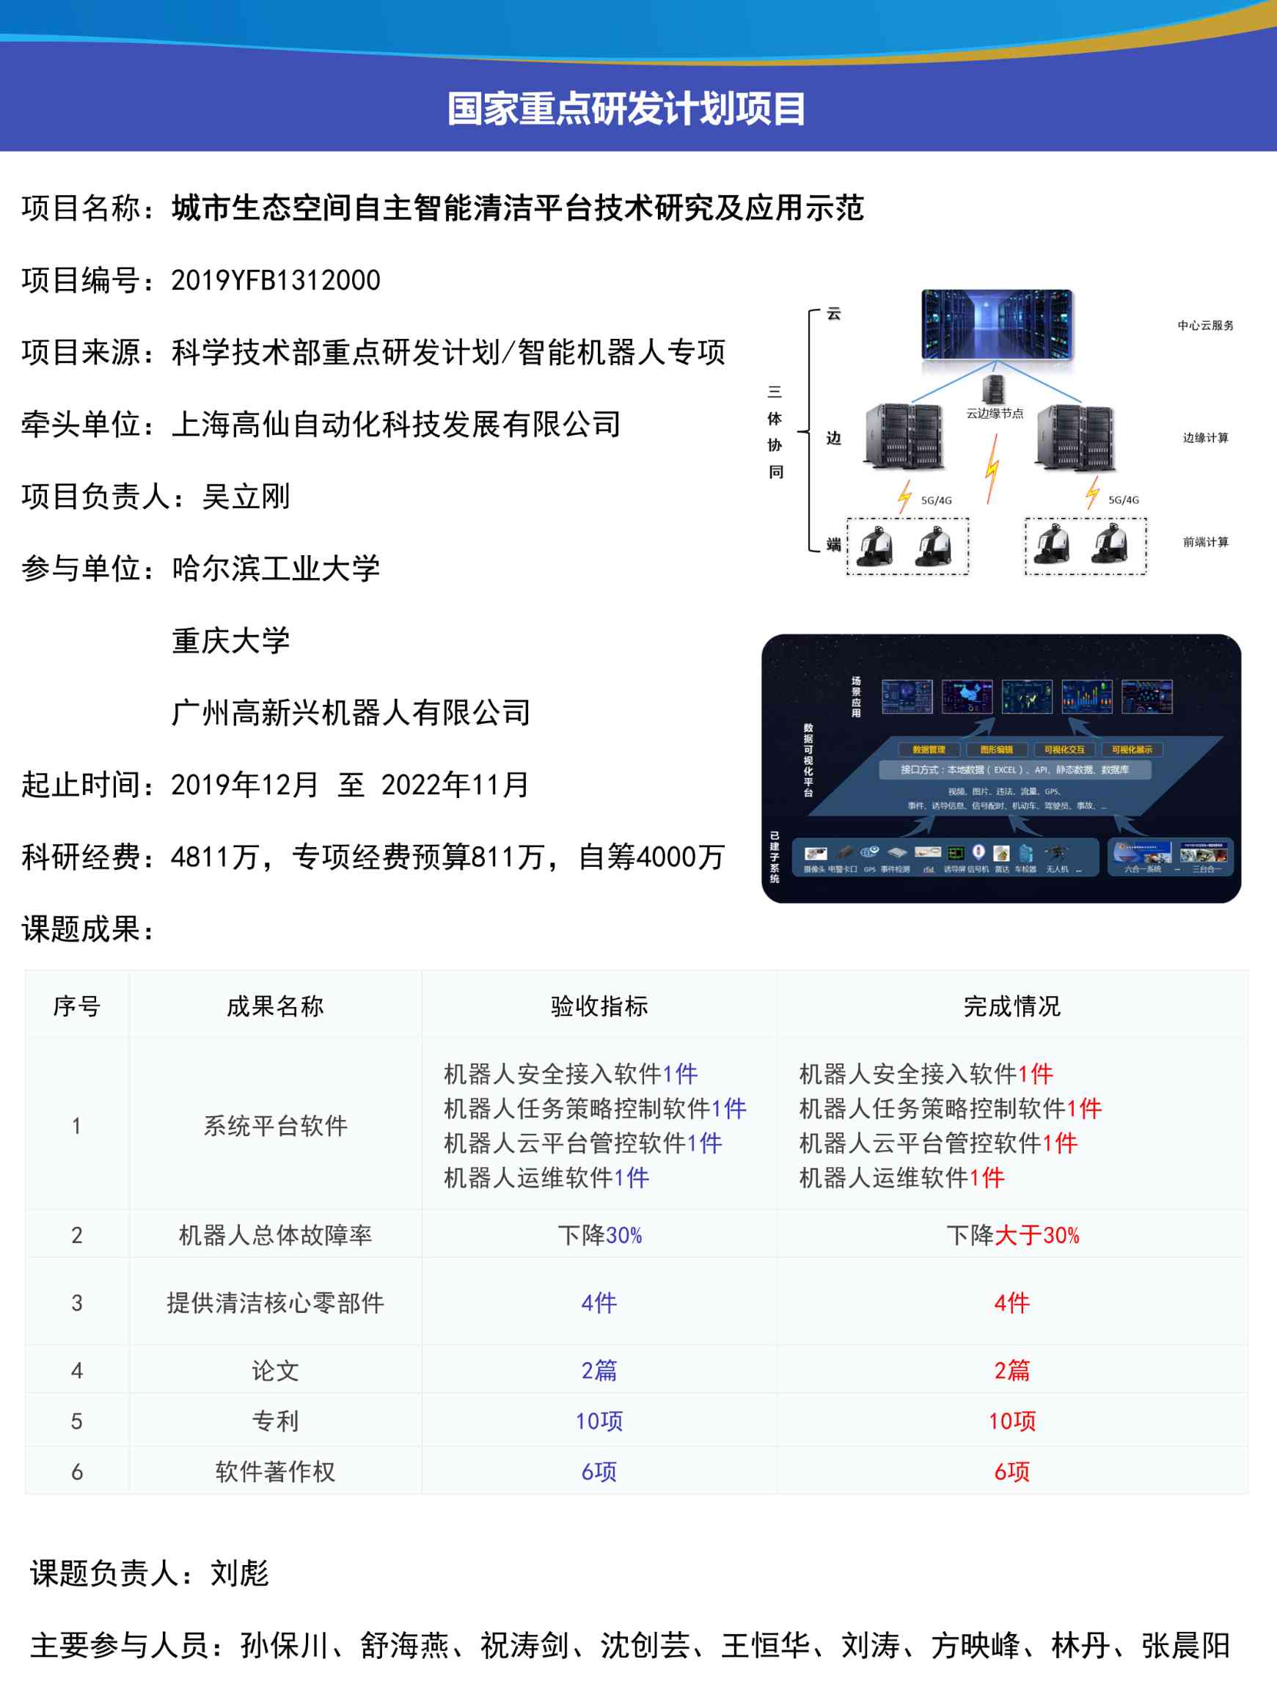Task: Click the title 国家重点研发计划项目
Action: click(x=626, y=109)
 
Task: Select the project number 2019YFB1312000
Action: click(x=276, y=280)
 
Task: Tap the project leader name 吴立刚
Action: click(x=246, y=497)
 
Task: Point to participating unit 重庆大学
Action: click(x=230, y=640)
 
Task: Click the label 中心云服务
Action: click(x=1204, y=326)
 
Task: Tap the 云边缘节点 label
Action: click(x=995, y=414)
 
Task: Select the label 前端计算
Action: click(x=1204, y=542)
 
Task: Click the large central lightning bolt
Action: click(x=993, y=468)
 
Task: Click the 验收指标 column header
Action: click(x=599, y=1006)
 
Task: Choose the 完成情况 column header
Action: click(x=1011, y=1006)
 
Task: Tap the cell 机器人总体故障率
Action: click(x=275, y=1235)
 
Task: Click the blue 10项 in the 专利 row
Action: click(x=599, y=1421)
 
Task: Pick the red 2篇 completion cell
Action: click(x=1011, y=1369)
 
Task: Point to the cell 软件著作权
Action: click(x=275, y=1471)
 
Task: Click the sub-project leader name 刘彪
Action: click(x=239, y=1573)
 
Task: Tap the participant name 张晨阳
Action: click(x=1185, y=1645)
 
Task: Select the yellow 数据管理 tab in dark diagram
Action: click(x=929, y=749)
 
